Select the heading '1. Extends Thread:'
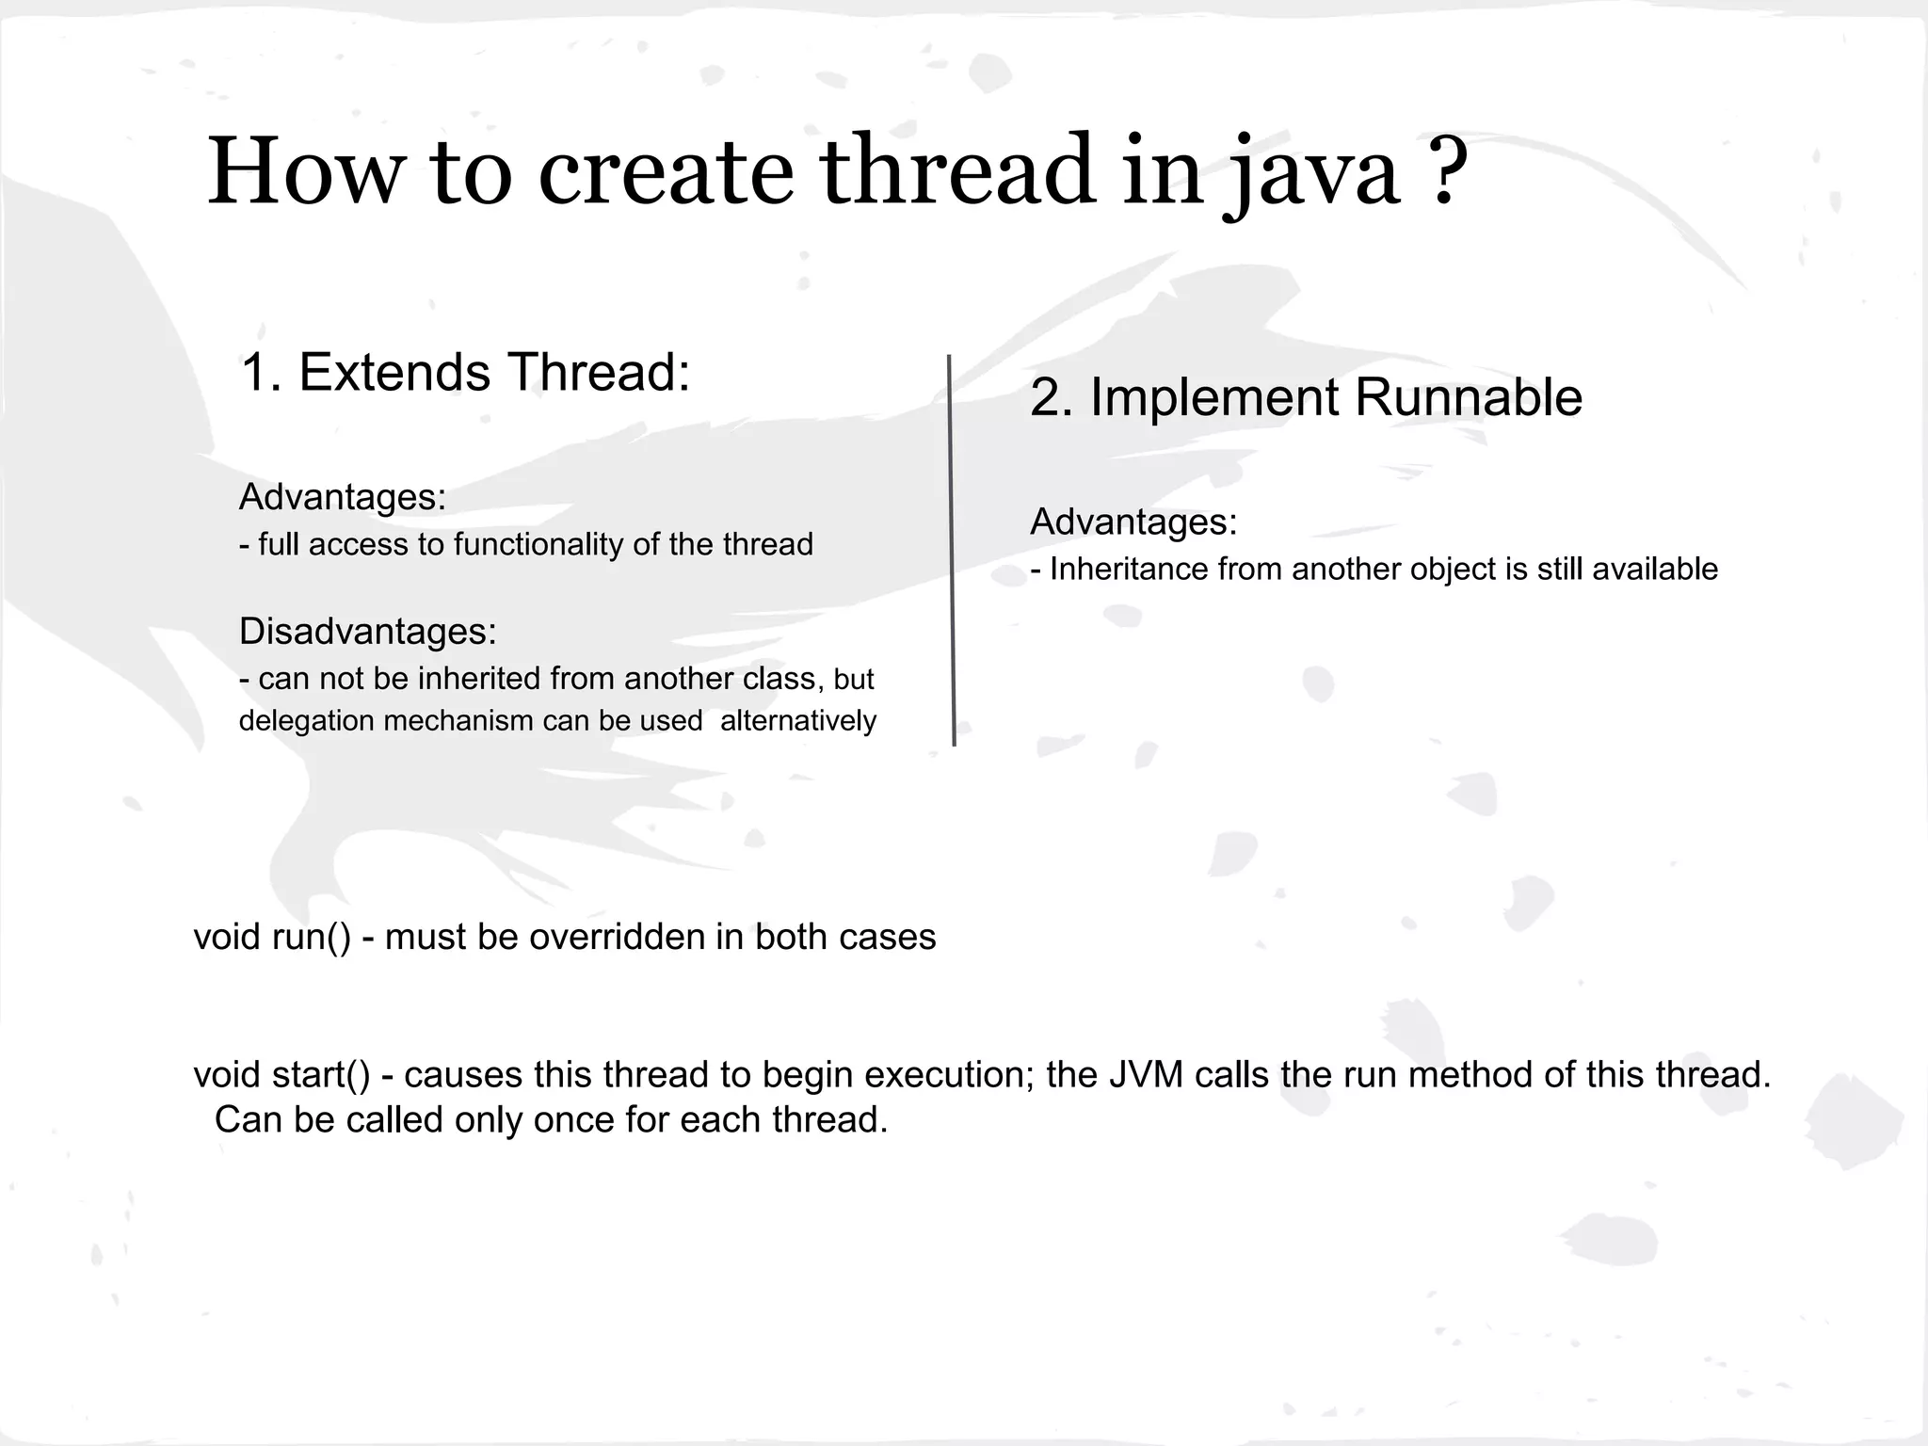[x=465, y=372]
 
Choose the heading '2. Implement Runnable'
[x=1306, y=396]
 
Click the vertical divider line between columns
[x=952, y=551]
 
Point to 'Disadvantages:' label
[x=367, y=631]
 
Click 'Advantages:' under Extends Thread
[x=342, y=497]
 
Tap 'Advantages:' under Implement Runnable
[x=1133, y=522]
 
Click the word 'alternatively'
[x=797, y=720]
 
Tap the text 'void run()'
[x=272, y=937]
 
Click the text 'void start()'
[x=282, y=1074]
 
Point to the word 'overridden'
[x=618, y=937]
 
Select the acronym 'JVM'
[x=1145, y=1074]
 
